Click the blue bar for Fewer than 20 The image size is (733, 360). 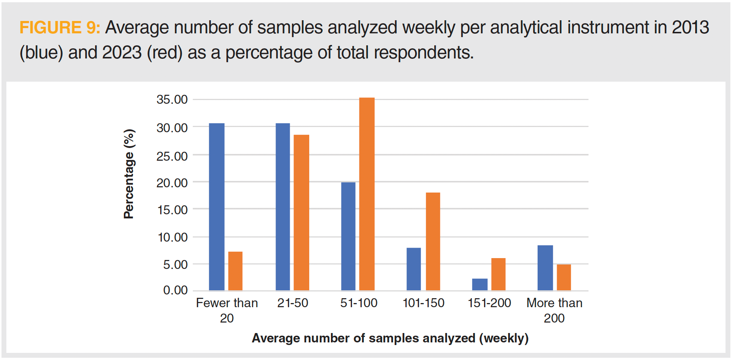coord(216,207)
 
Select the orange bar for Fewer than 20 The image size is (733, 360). coord(235,271)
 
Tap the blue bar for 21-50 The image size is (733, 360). coord(283,207)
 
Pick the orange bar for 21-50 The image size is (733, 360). coord(301,212)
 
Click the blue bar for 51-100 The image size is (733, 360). coord(348,236)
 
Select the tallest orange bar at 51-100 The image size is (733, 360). coord(367,194)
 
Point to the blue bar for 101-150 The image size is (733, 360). coord(414,269)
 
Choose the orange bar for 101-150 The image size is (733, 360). coord(433,242)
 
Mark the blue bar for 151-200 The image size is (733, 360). coord(480,284)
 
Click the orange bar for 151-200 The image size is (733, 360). coord(498,274)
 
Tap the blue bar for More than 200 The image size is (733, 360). coord(545,268)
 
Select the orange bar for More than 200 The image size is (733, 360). coord(564,277)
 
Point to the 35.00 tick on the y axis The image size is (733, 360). coord(172,100)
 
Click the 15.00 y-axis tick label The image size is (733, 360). coord(172,210)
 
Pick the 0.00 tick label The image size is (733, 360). coord(175,290)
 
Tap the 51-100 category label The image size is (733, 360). coord(359,303)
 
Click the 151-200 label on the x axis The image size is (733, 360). coord(489,303)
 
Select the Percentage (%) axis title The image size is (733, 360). coord(129,174)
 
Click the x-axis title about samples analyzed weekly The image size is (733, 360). coord(390,338)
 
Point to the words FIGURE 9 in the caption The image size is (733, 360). coord(60,28)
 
